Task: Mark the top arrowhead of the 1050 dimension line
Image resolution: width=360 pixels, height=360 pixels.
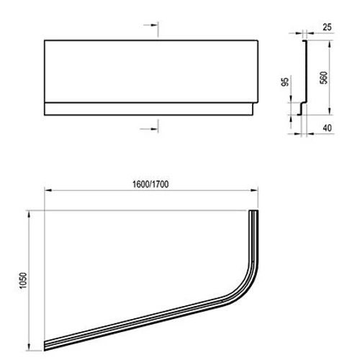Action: (x=29, y=213)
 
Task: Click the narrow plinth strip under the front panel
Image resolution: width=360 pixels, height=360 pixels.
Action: (x=147, y=109)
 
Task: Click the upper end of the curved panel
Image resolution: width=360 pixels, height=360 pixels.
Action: (x=253, y=215)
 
